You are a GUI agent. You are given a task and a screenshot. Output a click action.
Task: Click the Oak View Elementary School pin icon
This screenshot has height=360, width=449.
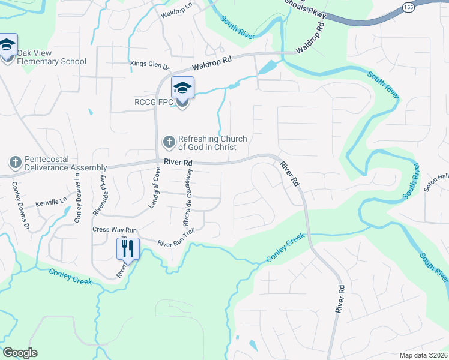point(7,46)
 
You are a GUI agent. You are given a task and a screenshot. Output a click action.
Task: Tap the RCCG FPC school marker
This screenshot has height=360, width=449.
point(182,89)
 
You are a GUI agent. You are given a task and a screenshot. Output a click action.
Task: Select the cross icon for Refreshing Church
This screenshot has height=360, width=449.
point(169,143)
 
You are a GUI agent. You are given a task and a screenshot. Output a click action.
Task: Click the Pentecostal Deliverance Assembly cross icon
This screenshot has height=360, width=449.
point(15,163)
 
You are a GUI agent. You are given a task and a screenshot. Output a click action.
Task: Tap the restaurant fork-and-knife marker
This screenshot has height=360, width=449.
point(128,247)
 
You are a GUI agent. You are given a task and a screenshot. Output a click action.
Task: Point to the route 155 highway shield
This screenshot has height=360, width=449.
point(409,7)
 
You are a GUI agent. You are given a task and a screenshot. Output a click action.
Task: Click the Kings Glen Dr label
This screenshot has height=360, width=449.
point(150,64)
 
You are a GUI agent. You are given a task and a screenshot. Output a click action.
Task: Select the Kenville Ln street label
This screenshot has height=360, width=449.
point(49,203)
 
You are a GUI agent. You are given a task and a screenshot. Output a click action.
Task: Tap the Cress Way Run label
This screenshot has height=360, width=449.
point(115,230)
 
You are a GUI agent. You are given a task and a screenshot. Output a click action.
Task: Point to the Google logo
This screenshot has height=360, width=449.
point(20,353)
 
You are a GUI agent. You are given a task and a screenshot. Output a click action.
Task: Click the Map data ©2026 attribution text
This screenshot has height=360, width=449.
point(423,355)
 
